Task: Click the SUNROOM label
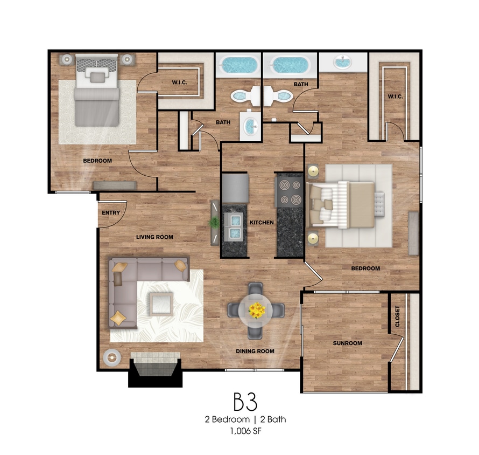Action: [x=347, y=343]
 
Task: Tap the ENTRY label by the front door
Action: [x=111, y=212]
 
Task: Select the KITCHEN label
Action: [x=262, y=223]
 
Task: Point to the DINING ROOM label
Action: [x=255, y=351]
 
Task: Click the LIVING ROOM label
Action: [x=154, y=237]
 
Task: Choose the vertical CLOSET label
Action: [x=397, y=316]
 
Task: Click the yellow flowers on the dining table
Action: [x=257, y=311]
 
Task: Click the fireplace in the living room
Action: [x=155, y=369]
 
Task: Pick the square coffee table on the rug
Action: [x=161, y=304]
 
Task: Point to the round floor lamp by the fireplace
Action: [x=112, y=357]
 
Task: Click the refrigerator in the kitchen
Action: [x=235, y=188]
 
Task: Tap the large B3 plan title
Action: [x=245, y=402]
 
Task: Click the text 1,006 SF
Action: [x=246, y=431]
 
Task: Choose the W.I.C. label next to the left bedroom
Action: [x=179, y=82]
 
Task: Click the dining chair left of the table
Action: [x=234, y=310]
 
